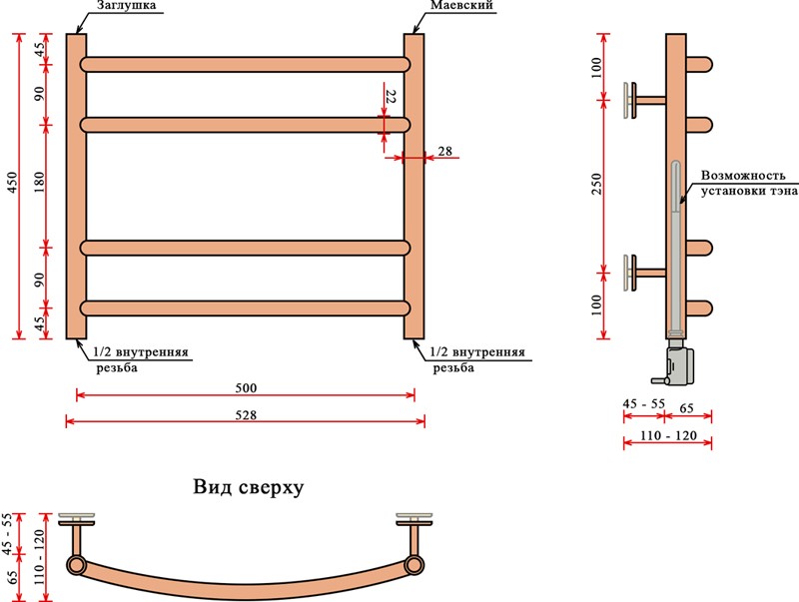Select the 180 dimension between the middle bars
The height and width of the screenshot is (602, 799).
[40, 186]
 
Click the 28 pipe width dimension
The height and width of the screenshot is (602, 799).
[444, 151]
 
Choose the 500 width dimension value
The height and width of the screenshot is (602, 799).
[246, 387]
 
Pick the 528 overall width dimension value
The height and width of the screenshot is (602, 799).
[246, 414]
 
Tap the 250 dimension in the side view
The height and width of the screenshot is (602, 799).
[596, 186]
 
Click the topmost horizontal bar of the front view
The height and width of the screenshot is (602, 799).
[246, 64]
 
